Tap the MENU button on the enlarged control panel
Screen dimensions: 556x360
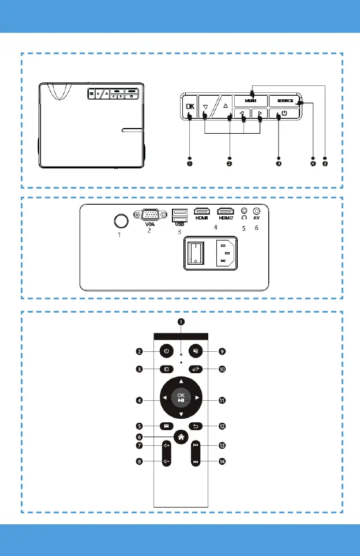250,100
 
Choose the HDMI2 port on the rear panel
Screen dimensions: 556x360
224,212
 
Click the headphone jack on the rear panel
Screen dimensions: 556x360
243,212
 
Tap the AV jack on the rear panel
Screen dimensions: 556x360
256,212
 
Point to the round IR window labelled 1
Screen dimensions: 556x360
120,220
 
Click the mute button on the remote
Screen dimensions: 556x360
197,350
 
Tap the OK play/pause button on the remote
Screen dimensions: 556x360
181,398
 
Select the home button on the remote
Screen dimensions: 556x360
181,437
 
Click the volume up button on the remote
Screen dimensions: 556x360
166,445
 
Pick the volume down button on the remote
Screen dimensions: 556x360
166,462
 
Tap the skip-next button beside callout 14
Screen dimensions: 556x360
196,462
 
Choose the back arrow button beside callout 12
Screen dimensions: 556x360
197,427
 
